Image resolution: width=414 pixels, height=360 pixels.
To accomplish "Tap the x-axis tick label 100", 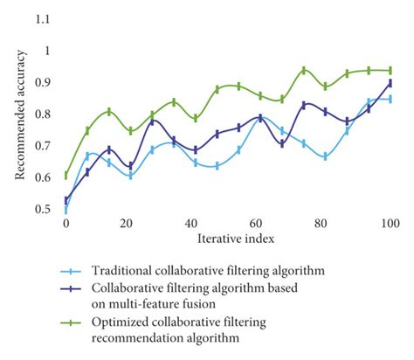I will [x=390, y=225].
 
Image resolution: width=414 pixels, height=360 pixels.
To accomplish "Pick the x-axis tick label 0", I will [x=66, y=225].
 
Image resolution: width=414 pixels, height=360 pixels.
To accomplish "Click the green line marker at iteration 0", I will [x=66, y=176].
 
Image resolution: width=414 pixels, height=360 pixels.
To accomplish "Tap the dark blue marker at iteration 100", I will [x=390, y=83].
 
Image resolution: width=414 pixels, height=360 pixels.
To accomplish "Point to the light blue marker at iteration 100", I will [x=390, y=100].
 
